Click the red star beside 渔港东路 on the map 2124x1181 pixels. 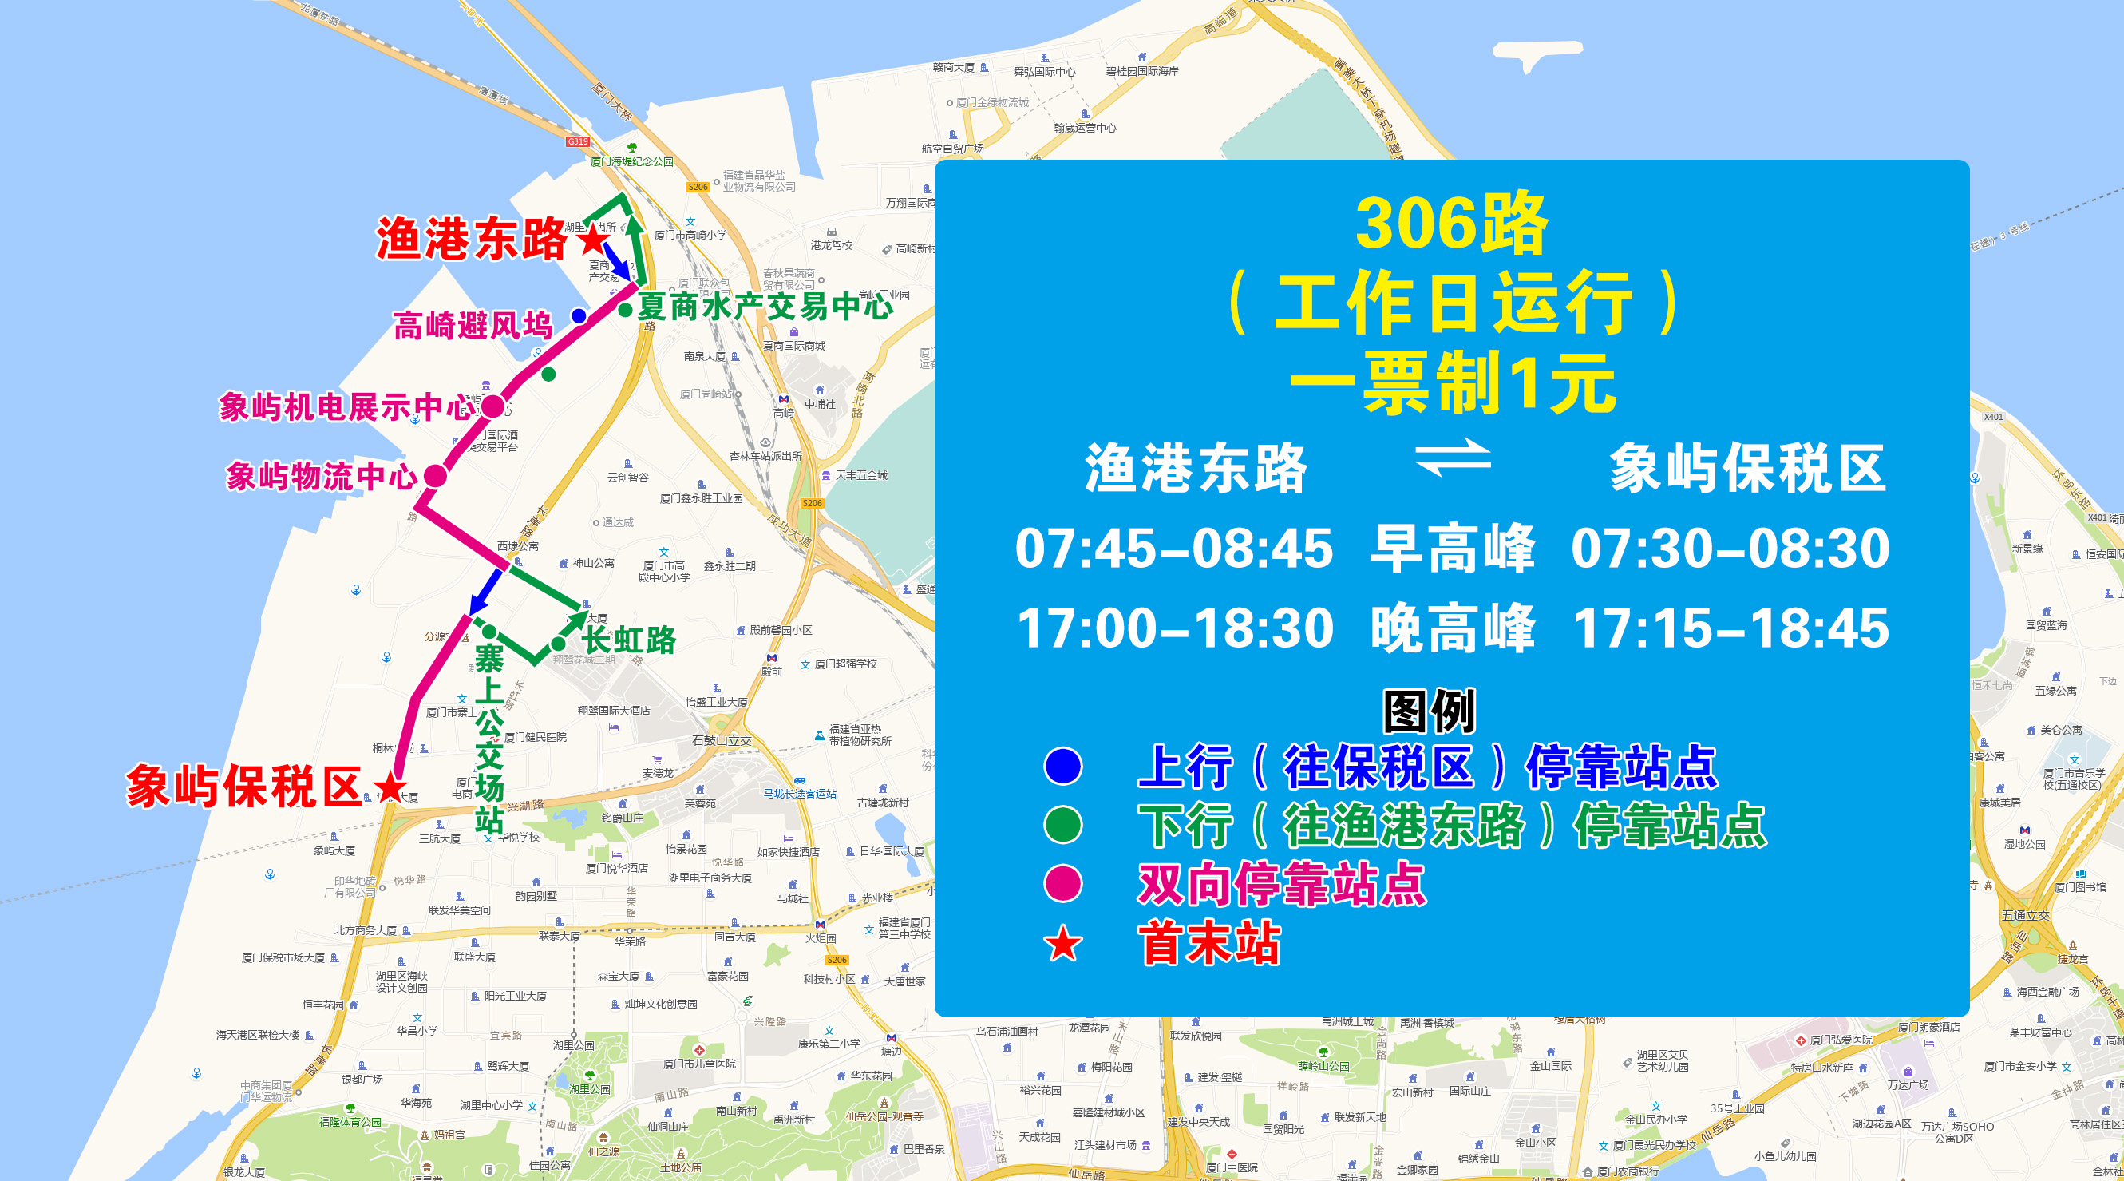click(x=593, y=240)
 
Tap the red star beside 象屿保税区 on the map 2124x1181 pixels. click(x=390, y=787)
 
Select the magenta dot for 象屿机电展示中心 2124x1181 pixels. click(x=492, y=406)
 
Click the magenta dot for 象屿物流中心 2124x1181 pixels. click(x=435, y=476)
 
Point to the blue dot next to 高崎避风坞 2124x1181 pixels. click(x=579, y=315)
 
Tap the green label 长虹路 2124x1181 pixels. click(x=629, y=640)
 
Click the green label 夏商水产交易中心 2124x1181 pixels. click(x=765, y=307)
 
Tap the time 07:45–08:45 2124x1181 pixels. click(x=1174, y=548)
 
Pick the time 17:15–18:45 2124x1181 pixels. click(x=1730, y=628)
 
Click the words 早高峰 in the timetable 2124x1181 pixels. click(x=1453, y=548)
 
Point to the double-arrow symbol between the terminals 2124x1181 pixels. click(x=1453, y=458)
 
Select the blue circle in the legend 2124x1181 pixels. click(x=1063, y=766)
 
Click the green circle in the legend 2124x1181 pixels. click(x=1063, y=825)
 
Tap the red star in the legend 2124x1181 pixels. click(x=1063, y=945)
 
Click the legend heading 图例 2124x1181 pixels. click(x=1429, y=711)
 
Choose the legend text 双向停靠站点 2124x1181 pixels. click(x=1281, y=884)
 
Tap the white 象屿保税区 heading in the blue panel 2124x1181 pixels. click(x=1748, y=468)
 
